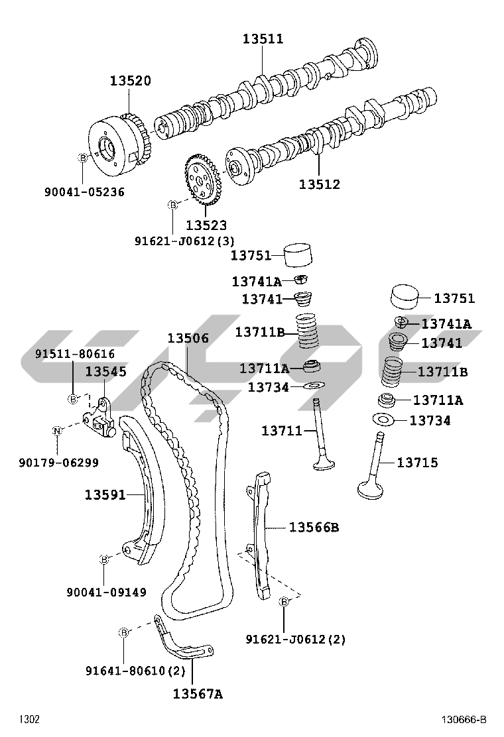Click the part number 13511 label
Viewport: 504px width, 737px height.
coord(262,39)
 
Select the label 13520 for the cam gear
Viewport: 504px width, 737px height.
coord(130,81)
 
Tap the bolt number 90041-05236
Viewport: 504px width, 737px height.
coord(84,192)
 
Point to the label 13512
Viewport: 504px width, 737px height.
coord(319,184)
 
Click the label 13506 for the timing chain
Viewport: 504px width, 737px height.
coord(188,339)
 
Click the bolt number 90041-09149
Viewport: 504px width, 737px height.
coord(106,593)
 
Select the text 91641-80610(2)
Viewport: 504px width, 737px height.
coord(135,671)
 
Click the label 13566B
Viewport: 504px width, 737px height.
coord(314,528)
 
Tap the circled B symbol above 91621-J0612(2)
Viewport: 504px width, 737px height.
coord(284,602)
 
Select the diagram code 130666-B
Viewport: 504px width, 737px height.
coord(465,720)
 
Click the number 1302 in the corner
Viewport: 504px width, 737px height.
coord(29,720)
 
